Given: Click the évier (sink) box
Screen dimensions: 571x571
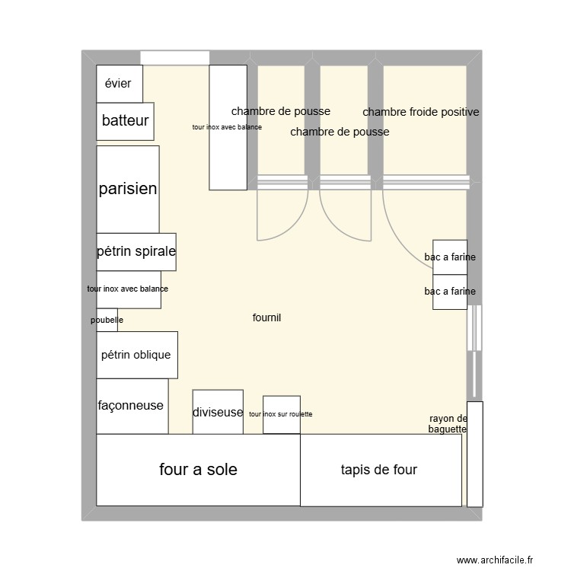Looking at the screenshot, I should [x=119, y=84].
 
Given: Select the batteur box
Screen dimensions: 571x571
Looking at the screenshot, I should [x=125, y=121].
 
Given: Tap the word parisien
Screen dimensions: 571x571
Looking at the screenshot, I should [x=128, y=189].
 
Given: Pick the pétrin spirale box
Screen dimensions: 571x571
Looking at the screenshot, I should [x=136, y=252].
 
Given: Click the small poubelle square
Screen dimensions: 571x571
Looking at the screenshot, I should [x=107, y=320].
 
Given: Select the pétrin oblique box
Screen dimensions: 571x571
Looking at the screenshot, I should [x=136, y=355].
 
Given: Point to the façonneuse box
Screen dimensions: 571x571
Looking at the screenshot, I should [x=131, y=406].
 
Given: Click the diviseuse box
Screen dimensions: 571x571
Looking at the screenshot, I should [x=217, y=412].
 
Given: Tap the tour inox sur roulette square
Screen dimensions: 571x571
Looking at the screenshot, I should [x=281, y=414].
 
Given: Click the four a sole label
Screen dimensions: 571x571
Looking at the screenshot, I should [x=198, y=470].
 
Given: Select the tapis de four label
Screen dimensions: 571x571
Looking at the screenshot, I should [x=379, y=470].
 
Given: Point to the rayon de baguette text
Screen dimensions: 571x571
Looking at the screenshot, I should [x=448, y=424].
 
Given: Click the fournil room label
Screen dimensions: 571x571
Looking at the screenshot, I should [x=266, y=317].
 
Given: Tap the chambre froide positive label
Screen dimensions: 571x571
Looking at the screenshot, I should [x=421, y=112].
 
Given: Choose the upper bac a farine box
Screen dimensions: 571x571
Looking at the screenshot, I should [x=450, y=257].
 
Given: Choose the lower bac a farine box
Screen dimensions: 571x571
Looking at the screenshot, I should [x=450, y=292].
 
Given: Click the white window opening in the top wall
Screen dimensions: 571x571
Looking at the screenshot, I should [x=175, y=58].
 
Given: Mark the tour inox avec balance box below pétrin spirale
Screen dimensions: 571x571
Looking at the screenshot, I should [x=128, y=289].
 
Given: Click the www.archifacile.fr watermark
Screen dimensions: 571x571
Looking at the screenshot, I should [x=496, y=560].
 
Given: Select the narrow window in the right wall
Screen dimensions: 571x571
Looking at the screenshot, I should [x=474, y=328].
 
